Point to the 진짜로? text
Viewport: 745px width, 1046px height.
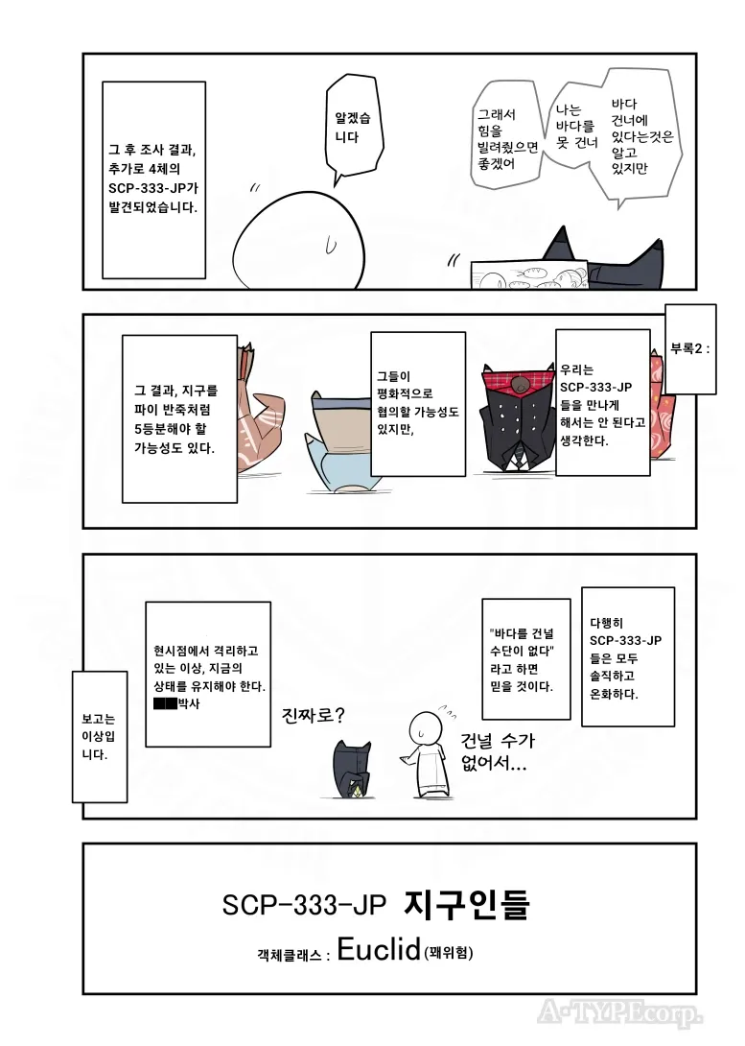(x=314, y=716)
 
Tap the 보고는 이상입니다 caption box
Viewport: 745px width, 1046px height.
(x=99, y=736)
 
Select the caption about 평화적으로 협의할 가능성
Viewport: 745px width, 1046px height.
(x=417, y=404)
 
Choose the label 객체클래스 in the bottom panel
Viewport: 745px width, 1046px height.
(x=293, y=955)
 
